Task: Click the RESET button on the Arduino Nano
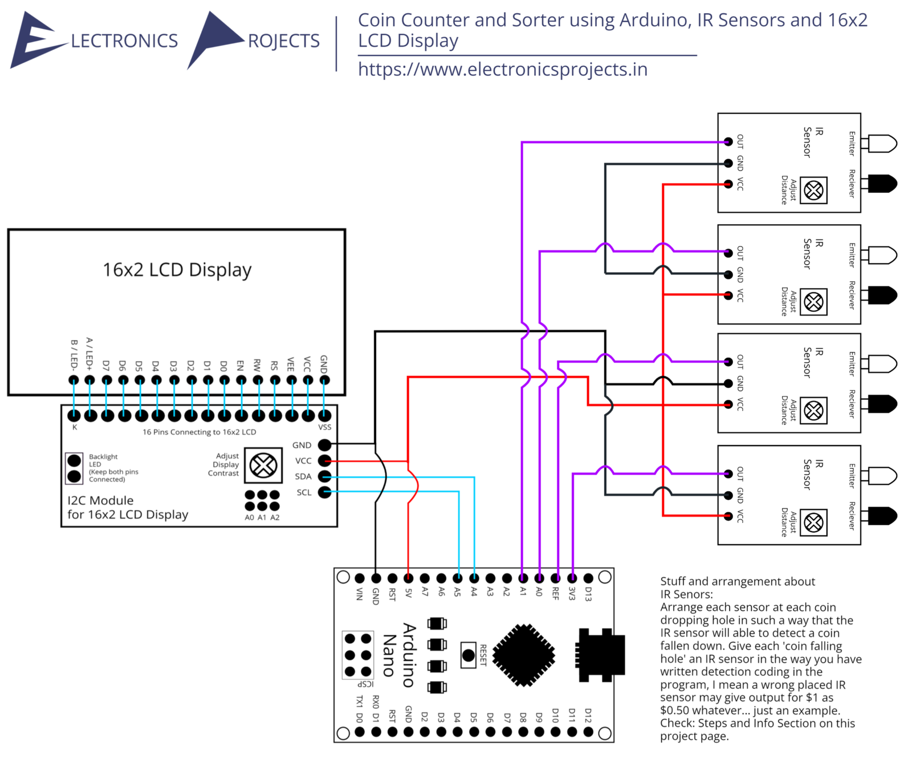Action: (x=469, y=655)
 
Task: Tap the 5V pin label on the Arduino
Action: (x=409, y=594)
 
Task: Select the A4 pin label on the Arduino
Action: (x=474, y=593)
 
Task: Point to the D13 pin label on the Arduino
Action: (x=589, y=594)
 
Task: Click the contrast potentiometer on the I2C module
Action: (x=263, y=465)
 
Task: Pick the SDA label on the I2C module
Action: (x=303, y=477)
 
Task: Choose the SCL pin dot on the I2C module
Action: (x=324, y=492)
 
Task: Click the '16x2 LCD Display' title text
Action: (x=177, y=270)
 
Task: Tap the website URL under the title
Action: (x=503, y=70)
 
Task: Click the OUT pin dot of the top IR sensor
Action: (x=728, y=141)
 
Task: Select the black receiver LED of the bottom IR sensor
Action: (x=882, y=516)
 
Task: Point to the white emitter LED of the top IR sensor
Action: (x=882, y=143)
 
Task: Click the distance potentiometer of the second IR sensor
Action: (x=813, y=302)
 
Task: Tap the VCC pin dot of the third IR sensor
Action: (x=728, y=404)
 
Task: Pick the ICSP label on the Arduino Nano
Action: (x=365, y=684)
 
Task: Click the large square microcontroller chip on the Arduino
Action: (x=524, y=655)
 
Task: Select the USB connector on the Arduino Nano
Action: (x=601, y=655)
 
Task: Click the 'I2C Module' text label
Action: (x=100, y=501)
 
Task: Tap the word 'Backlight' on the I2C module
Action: (x=103, y=457)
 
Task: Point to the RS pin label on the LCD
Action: (x=275, y=366)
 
